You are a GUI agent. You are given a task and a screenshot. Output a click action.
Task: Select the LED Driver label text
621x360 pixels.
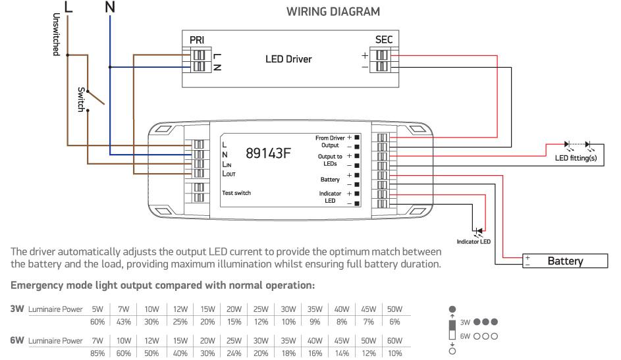[x=288, y=59]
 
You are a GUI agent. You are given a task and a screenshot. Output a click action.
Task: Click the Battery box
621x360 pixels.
[x=565, y=261]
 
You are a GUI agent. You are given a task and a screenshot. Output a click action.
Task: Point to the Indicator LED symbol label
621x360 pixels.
[x=473, y=242]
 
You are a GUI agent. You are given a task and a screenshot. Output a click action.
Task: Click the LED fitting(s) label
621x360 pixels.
[x=576, y=159]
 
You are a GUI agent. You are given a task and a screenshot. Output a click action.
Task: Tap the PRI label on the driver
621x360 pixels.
[x=197, y=40]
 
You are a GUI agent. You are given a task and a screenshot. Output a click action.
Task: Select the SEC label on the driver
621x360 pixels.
[x=383, y=40]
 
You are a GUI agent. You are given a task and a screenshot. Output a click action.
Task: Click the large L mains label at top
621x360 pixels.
[x=68, y=8]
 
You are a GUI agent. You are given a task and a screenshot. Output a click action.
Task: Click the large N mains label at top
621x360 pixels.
[x=110, y=8]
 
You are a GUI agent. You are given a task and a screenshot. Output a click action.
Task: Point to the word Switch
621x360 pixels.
[x=82, y=99]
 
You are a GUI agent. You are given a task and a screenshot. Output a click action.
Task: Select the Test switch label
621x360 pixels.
[x=236, y=193]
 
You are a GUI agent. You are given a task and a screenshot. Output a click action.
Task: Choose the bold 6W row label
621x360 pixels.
[x=18, y=341]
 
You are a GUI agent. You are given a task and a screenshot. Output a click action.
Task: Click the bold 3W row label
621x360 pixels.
[x=18, y=309]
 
